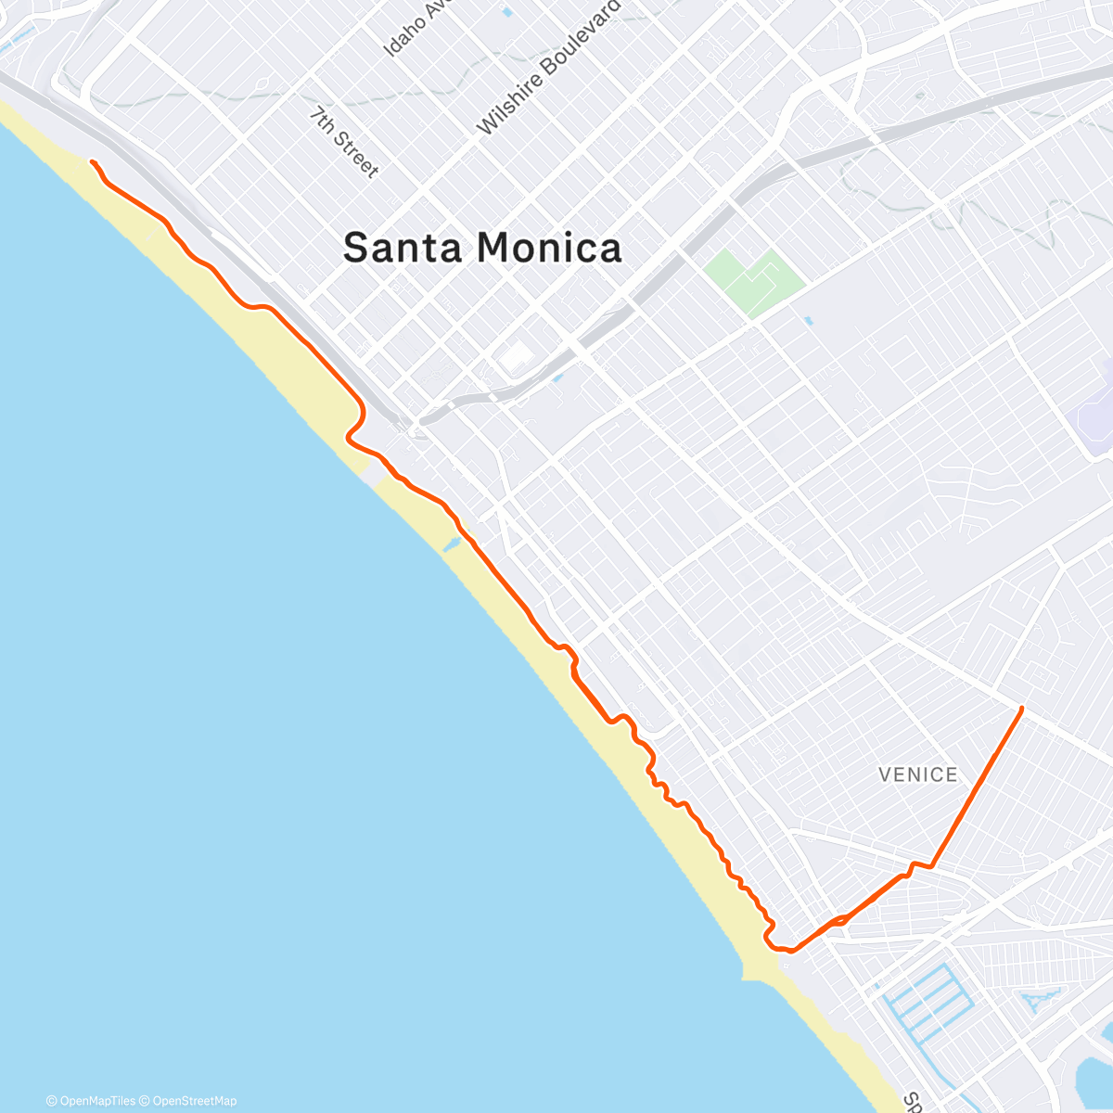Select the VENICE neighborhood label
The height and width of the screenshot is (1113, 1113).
[x=917, y=774]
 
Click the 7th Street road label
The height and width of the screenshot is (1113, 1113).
[x=344, y=142]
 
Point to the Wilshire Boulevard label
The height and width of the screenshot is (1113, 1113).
[x=548, y=68]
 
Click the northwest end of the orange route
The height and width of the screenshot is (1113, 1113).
[x=92, y=162]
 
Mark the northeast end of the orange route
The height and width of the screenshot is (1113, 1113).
[x=1021, y=709]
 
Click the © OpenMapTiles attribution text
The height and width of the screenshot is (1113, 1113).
[x=90, y=1101]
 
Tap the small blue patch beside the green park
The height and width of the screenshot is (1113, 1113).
[x=808, y=321]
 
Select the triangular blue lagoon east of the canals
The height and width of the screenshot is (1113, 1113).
[x=1039, y=1002]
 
